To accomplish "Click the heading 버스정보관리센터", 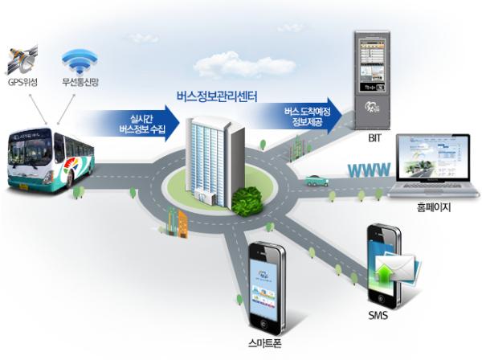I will (x=216, y=100).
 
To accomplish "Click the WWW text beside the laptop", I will (x=370, y=170).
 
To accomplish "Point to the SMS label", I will (x=378, y=315).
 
